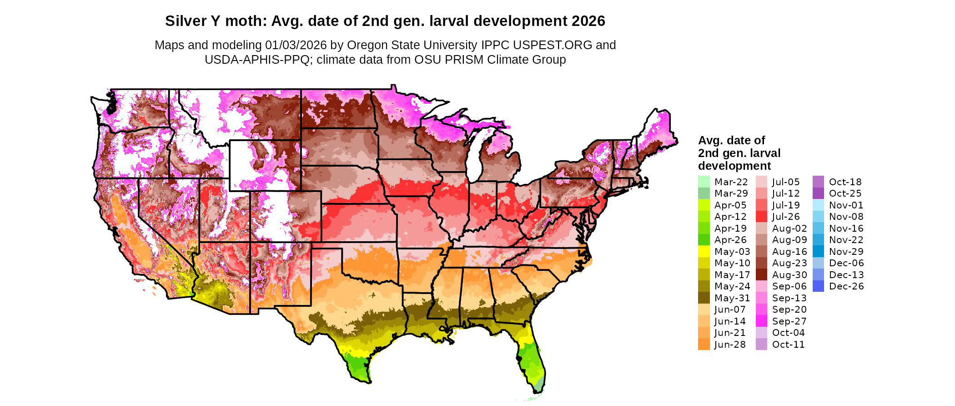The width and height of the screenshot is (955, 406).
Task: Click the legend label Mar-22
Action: tap(731, 182)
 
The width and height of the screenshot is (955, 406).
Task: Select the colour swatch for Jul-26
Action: tap(761, 217)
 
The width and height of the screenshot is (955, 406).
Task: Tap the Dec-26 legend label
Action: tap(846, 286)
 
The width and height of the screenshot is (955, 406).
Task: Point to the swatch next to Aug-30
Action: tap(761, 274)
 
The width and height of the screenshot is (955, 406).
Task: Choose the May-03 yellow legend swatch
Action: tap(704, 251)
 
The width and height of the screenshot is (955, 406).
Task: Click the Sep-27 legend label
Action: tap(789, 321)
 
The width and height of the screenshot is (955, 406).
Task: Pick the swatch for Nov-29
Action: tap(819, 251)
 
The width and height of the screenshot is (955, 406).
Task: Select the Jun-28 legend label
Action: tap(730, 345)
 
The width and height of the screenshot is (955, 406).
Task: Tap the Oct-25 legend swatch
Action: tap(819, 193)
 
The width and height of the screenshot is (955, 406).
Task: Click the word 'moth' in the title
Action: tap(248, 21)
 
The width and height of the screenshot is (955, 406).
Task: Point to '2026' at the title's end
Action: tap(588, 21)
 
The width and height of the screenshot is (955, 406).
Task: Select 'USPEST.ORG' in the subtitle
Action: tap(553, 45)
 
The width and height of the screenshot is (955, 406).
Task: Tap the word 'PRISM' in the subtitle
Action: tap(466, 60)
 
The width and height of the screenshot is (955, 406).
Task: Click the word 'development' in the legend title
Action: tap(734, 166)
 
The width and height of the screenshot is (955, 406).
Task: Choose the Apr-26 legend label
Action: tap(730, 240)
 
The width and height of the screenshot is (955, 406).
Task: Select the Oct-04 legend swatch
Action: tap(761, 333)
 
